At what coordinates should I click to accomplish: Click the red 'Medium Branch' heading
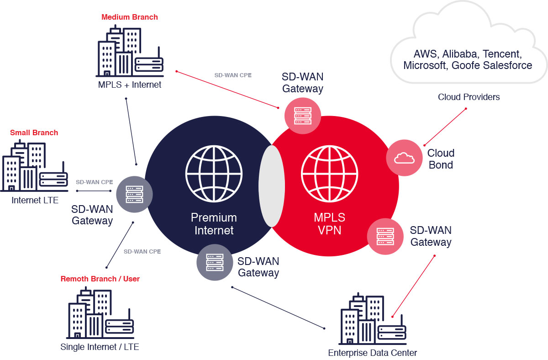point(129,17)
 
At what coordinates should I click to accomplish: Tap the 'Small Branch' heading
point(34,133)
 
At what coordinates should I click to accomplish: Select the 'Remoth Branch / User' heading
point(100,279)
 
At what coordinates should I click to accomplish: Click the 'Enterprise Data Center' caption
point(372,353)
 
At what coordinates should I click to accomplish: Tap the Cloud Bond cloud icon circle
point(404,158)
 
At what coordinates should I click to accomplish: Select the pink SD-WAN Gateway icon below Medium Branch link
point(302,116)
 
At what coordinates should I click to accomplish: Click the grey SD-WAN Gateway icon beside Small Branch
point(134,195)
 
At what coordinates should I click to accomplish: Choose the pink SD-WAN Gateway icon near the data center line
point(385,236)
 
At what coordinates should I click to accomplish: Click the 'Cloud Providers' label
point(469,97)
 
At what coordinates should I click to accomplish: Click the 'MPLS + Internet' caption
point(129,85)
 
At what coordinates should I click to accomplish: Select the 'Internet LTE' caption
point(35,200)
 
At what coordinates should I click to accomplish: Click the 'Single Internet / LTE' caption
point(100,347)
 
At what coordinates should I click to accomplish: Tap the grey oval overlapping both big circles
point(272,186)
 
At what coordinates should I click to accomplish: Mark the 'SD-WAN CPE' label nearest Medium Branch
point(233,74)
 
